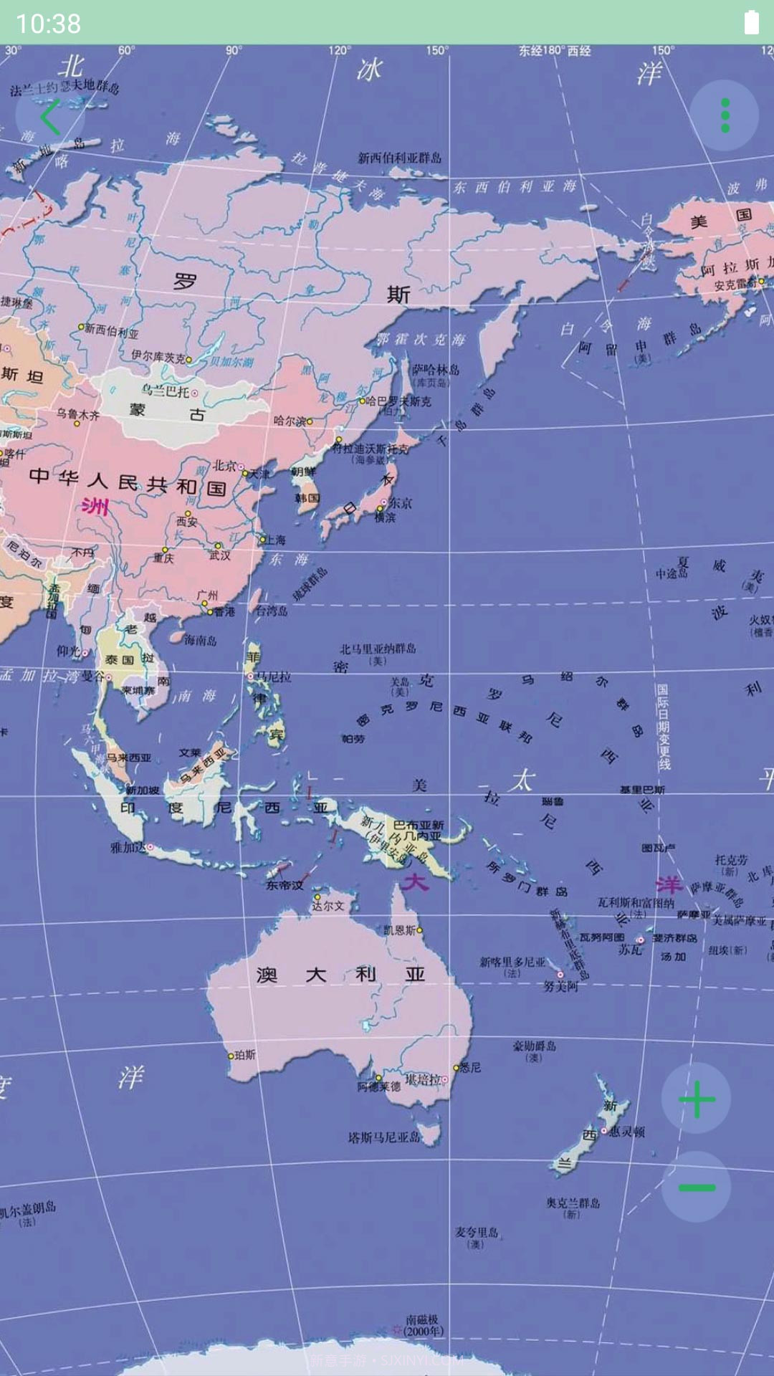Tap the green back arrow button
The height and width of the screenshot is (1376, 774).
[x=50, y=117]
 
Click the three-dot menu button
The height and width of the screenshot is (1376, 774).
[x=725, y=115]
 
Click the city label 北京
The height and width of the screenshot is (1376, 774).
[x=224, y=466]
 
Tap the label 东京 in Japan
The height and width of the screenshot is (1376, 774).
[x=400, y=503]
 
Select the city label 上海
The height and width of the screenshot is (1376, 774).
[x=275, y=540]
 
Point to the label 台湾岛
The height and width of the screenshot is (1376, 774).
[x=272, y=611]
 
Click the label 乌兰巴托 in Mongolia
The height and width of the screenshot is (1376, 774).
[x=165, y=391]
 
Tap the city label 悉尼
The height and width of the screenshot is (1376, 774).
[x=470, y=1067]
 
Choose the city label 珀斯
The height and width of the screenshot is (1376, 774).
[x=244, y=1055]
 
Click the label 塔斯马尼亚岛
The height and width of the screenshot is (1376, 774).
[x=383, y=1137]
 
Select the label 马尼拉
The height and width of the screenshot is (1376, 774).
[x=274, y=676]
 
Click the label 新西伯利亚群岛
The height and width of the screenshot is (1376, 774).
[x=400, y=158]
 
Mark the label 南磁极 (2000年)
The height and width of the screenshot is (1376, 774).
[x=422, y=1325]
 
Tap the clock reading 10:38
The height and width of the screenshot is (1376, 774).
[x=48, y=24]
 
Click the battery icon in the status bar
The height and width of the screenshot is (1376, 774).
[x=751, y=23]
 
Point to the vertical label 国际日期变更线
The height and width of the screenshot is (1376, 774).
[x=663, y=727]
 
